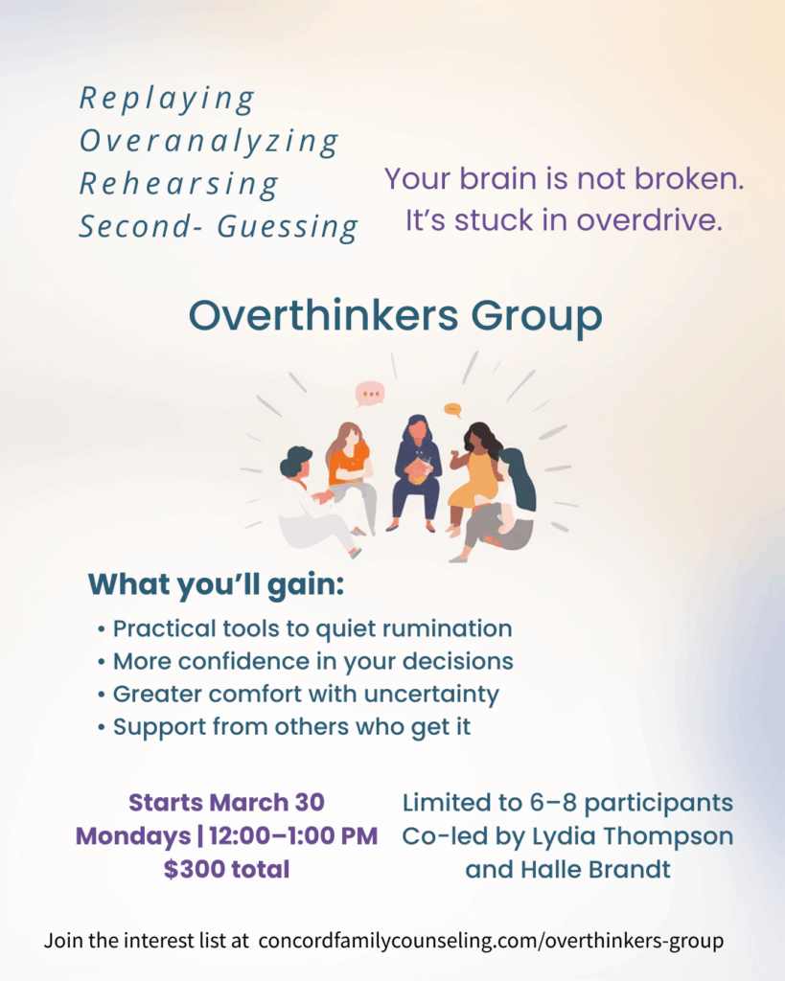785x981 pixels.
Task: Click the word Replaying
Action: (167, 99)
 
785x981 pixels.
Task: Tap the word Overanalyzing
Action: (208, 141)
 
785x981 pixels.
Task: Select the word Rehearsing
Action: (179, 184)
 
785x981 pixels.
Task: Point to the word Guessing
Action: (288, 226)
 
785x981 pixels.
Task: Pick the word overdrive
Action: (649, 220)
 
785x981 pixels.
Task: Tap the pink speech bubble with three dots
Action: (370, 394)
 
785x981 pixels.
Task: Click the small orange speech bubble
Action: (452, 410)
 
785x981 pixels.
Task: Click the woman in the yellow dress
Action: (474, 475)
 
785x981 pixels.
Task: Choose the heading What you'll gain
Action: (216, 585)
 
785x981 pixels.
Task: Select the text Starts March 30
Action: (226, 802)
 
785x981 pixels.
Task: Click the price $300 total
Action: (226, 869)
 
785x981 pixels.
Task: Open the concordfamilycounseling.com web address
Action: (491, 941)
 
